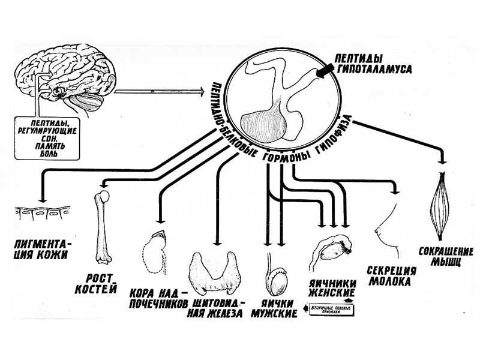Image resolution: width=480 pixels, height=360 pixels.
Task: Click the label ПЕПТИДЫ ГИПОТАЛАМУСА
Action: click(x=373, y=65)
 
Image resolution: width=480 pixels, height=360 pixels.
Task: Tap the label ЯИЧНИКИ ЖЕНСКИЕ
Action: click(x=332, y=287)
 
